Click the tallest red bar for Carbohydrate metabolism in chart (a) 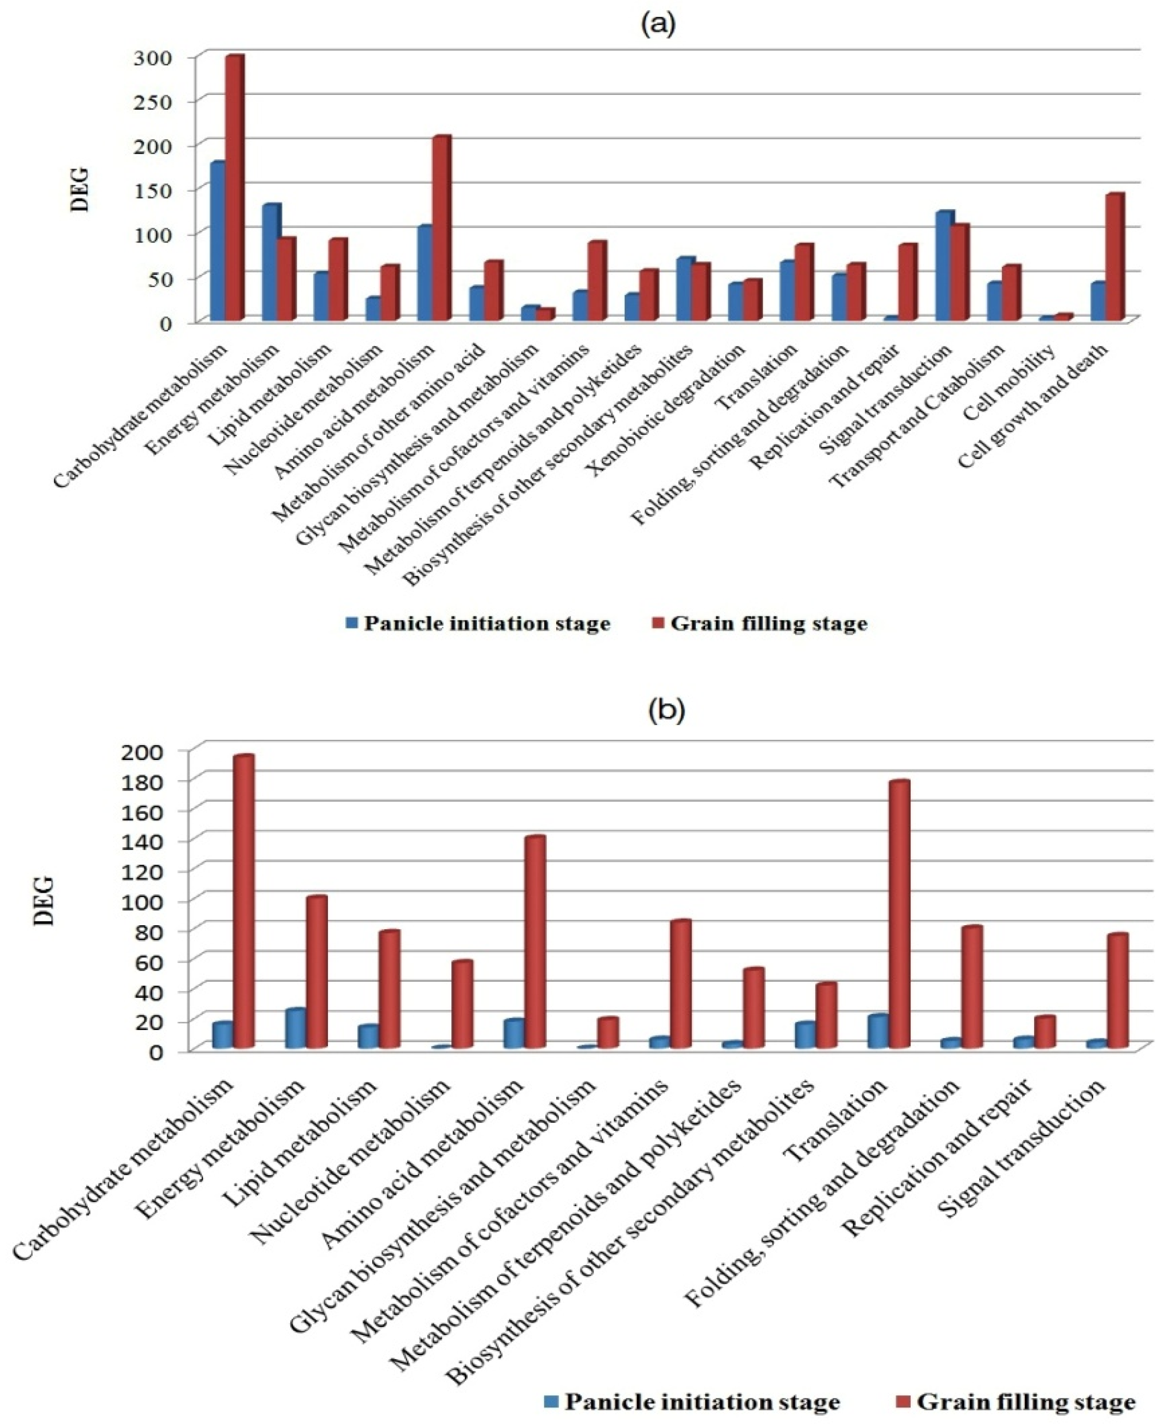pos(235,187)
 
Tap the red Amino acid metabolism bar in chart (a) pos(442,228)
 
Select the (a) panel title pos(658,24)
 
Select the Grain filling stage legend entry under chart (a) pos(760,624)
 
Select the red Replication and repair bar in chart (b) pos(1044,1032)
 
